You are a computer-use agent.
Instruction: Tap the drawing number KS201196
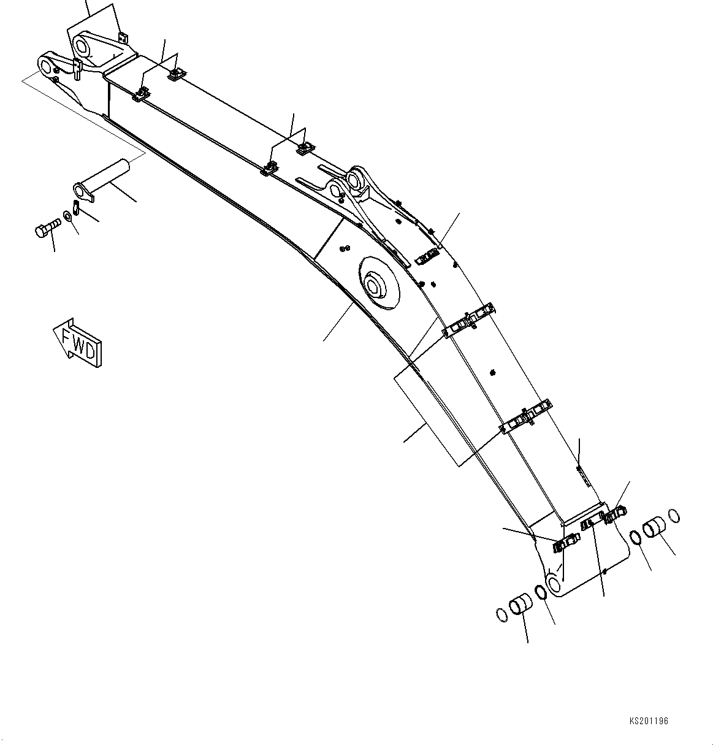(647, 722)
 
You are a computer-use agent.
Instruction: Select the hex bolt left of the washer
(45, 231)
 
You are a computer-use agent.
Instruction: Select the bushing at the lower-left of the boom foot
(522, 604)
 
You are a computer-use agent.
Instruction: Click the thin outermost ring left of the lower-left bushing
(501, 614)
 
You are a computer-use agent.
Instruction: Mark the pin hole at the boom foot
(553, 584)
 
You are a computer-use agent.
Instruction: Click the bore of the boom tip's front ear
(45, 63)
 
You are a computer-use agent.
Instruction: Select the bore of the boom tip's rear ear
(82, 47)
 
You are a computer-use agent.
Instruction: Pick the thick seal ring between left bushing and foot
(541, 592)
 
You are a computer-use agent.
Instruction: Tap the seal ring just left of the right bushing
(636, 538)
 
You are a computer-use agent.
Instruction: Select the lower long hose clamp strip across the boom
(526, 418)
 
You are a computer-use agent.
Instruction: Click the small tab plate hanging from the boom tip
(78, 69)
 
